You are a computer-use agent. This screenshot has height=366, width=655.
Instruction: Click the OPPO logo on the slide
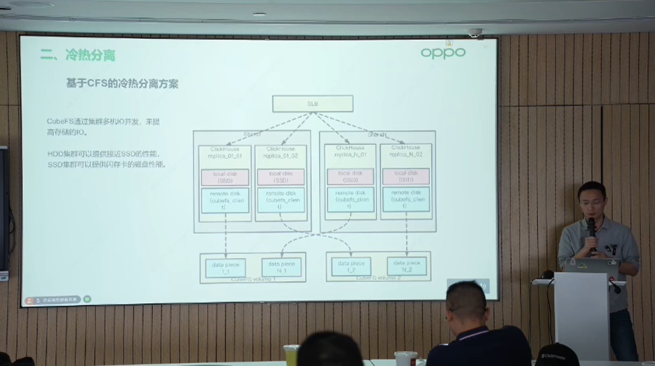(x=443, y=53)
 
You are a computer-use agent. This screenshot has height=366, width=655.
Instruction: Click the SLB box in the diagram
(x=312, y=104)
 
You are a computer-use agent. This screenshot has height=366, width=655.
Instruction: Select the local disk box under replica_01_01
(x=225, y=177)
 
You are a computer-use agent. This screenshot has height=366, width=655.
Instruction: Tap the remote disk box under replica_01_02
(x=280, y=200)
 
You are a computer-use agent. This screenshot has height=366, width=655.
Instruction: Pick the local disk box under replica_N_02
(x=406, y=176)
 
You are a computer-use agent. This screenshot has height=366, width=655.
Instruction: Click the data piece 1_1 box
(x=226, y=267)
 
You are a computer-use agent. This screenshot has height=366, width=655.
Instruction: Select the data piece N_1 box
(x=281, y=267)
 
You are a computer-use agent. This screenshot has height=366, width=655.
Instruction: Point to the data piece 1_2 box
(x=351, y=267)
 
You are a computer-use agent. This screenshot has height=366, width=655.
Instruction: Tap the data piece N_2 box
(x=406, y=266)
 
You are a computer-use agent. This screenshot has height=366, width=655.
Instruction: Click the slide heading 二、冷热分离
(x=78, y=56)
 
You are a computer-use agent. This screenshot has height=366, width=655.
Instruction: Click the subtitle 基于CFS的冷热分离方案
(x=122, y=84)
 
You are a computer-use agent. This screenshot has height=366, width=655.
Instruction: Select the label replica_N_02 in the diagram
(x=406, y=155)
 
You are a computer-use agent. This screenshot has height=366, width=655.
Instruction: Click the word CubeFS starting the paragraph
(x=60, y=121)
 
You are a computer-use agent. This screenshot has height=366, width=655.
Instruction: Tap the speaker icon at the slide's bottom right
(x=483, y=285)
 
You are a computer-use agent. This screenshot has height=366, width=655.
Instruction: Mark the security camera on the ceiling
(x=474, y=33)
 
